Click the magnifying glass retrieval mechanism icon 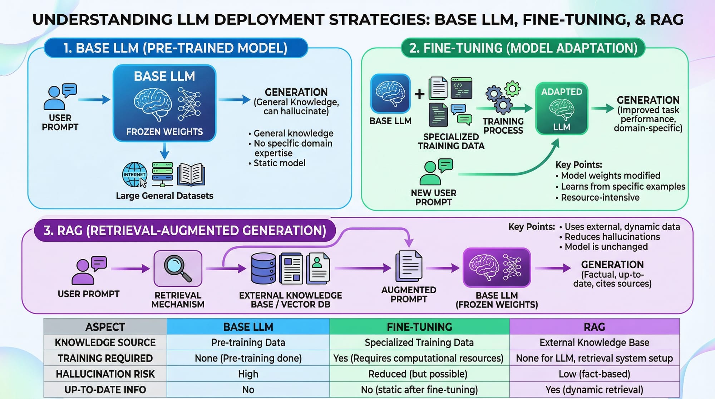178,269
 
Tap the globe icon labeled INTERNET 134,174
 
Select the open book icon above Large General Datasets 191,174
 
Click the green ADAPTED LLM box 561,109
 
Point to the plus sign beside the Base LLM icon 419,94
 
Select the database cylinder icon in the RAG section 263,268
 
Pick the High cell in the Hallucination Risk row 248,374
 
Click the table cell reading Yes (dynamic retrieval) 594,390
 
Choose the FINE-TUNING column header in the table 419,327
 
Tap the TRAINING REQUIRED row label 105,358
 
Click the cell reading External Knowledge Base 594,343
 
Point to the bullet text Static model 279,163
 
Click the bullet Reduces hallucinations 612,237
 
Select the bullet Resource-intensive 600,197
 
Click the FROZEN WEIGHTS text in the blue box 164,132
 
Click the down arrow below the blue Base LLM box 164,151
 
